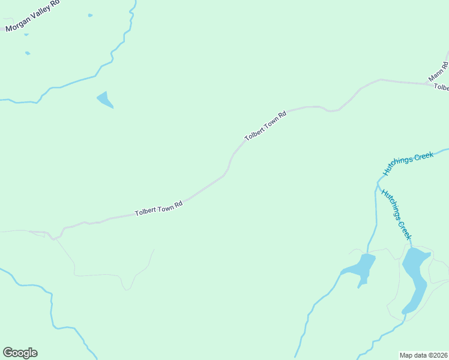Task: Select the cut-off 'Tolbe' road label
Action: pos(441,88)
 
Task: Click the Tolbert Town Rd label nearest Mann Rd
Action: pos(265,126)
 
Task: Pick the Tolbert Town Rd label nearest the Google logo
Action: pos(158,209)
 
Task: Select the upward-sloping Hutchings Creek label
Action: pos(408,164)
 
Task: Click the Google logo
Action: pos(20,353)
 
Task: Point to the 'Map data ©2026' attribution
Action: pos(423,355)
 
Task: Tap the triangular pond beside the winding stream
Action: pos(104,100)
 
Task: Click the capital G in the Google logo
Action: pos(8,352)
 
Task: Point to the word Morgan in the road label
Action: pos(17,23)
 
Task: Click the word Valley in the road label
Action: pos(40,12)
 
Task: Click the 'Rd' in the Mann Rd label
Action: pos(445,64)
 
